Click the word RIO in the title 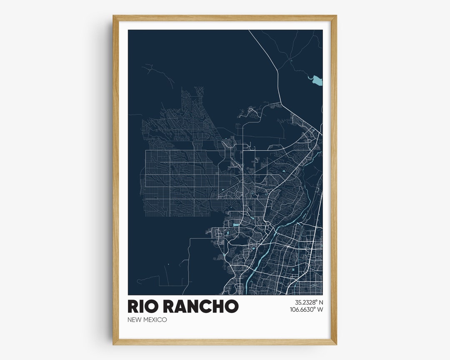(143, 306)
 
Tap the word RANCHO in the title (201, 306)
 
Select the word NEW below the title (135, 320)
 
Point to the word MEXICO (155, 320)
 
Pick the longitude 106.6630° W (307, 310)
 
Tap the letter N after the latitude (321, 302)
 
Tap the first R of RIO (133, 306)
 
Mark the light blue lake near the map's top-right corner (317, 80)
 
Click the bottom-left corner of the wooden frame (114, 344)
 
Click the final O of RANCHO (231, 306)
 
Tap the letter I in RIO (142, 306)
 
